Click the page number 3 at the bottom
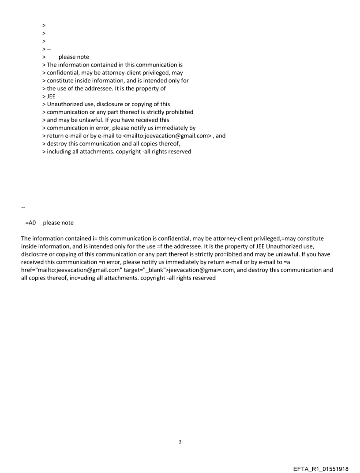click(x=180, y=442)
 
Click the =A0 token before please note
click(x=30, y=223)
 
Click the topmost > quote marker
click(x=44, y=25)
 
